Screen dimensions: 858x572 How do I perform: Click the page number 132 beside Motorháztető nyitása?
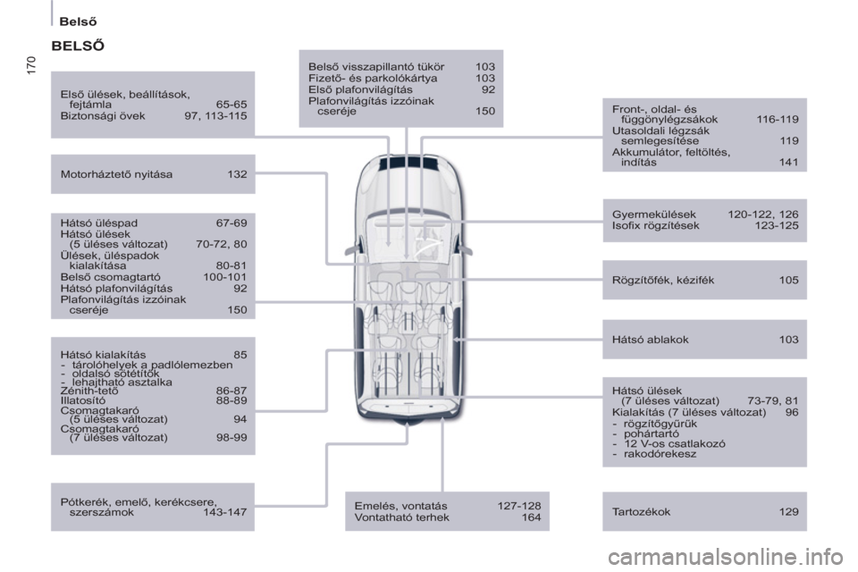[237, 174]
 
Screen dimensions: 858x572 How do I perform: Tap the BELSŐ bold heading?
[78, 46]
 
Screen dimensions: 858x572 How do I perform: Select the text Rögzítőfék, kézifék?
[663, 281]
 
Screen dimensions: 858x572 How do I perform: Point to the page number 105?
[788, 281]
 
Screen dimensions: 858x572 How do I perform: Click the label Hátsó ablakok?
[651, 340]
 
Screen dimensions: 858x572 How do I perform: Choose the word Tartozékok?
[642, 512]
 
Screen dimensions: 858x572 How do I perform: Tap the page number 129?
[788, 512]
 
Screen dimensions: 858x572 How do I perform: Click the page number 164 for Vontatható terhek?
[531, 517]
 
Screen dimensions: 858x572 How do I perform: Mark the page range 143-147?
[225, 512]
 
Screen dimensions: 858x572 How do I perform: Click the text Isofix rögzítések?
[655, 225]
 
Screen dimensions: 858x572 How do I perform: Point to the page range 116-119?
[778, 120]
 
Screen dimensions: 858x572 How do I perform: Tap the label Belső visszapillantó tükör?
[376, 67]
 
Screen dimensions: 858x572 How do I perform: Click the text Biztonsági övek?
[103, 116]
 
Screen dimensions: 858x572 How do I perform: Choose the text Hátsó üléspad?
[99, 223]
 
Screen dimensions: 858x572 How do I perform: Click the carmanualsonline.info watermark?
[726, 558]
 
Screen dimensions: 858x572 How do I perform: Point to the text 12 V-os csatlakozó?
[675, 444]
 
